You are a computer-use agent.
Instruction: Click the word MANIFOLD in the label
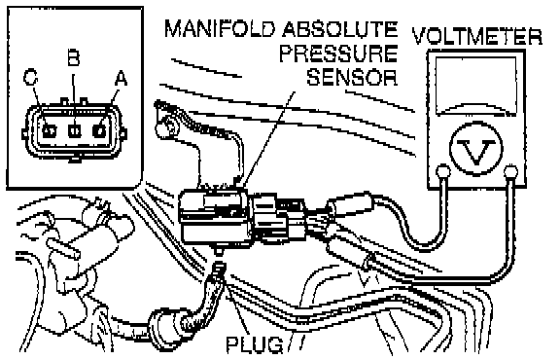[220, 28]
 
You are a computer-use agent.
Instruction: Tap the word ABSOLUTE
[339, 28]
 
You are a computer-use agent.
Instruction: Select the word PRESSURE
[338, 54]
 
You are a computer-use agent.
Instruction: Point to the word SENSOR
[352, 77]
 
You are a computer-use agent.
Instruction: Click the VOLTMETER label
[477, 36]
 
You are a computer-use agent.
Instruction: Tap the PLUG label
[255, 345]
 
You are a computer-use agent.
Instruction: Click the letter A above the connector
[121, 78]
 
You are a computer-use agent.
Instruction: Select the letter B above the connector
[73, 57]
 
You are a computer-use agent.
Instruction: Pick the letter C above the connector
[30, 77]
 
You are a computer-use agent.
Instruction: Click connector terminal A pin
[98, 130]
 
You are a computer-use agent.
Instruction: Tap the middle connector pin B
[74, 130]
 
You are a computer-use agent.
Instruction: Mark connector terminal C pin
[49, 130]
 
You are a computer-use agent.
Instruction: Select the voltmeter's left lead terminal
[443, 171]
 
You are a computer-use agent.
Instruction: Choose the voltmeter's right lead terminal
[510, 172]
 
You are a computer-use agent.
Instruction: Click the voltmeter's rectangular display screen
[475, 87]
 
